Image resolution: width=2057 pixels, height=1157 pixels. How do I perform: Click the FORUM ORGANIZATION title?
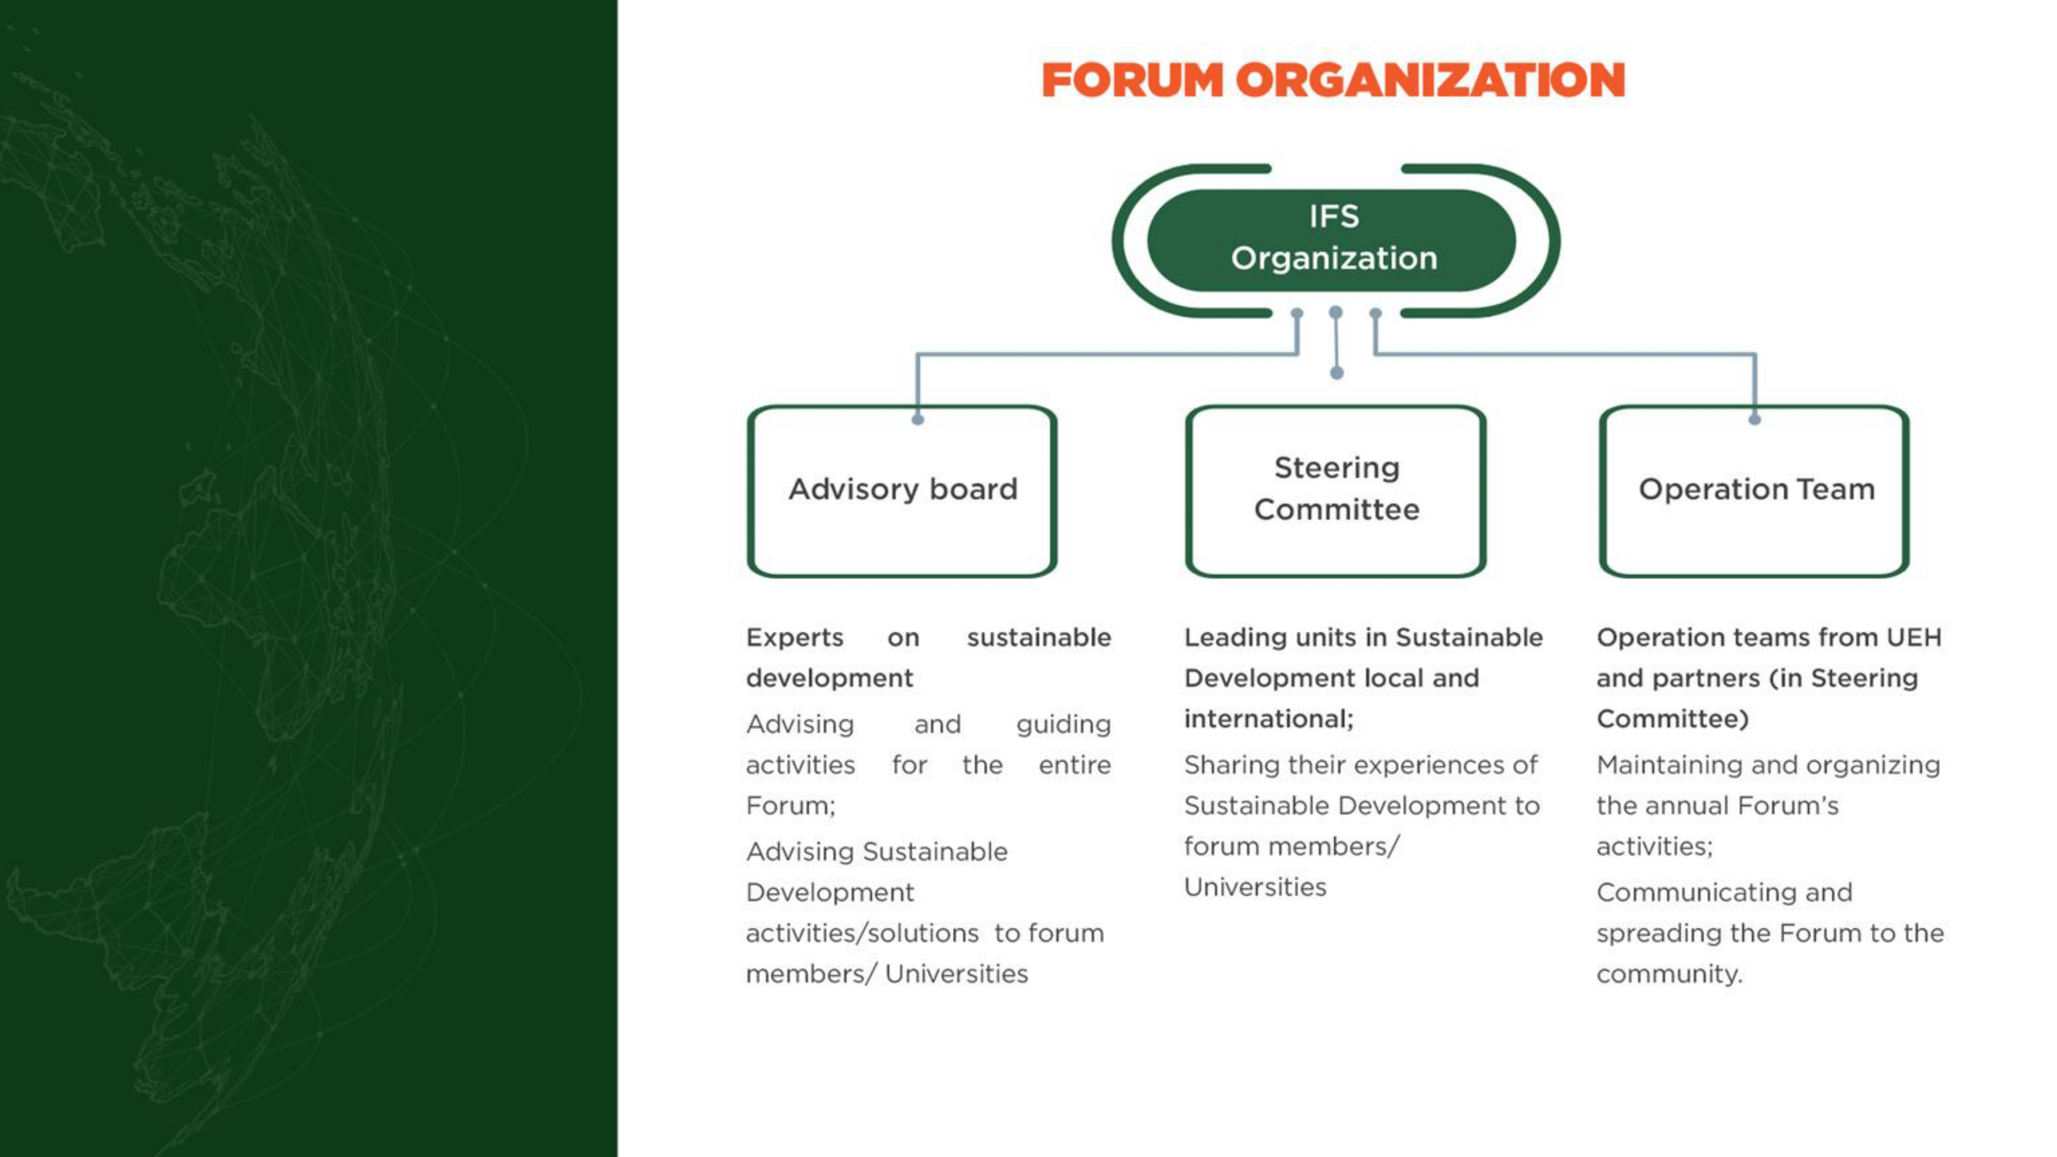1333,80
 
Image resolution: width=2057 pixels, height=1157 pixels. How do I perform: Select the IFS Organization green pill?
1332,240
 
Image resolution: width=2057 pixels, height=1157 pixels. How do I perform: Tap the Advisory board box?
903,491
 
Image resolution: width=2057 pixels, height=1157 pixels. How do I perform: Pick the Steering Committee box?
1336,491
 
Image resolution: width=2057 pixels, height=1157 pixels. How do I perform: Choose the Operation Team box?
1754,491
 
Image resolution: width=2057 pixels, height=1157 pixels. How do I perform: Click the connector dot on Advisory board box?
917,419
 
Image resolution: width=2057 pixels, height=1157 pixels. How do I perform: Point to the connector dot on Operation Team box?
1754,419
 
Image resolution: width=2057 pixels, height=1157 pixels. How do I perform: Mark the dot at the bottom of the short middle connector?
1337,373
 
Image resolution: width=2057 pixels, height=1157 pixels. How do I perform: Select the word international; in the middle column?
1269,719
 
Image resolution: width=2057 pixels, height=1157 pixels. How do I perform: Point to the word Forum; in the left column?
790,806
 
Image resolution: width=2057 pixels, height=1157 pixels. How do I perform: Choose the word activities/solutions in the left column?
862,933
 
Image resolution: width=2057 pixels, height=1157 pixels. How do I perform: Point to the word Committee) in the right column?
1673,719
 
